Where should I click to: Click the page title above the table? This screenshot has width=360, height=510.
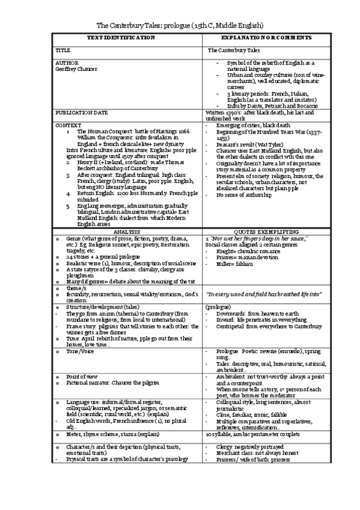pos(180,26)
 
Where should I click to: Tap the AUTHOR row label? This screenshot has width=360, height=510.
pos(67,63)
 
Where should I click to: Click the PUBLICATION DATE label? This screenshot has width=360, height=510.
pos(82,112)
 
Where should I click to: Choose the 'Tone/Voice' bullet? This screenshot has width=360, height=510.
pos(79,350)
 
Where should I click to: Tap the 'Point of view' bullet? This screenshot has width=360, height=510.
pos(82,375)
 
